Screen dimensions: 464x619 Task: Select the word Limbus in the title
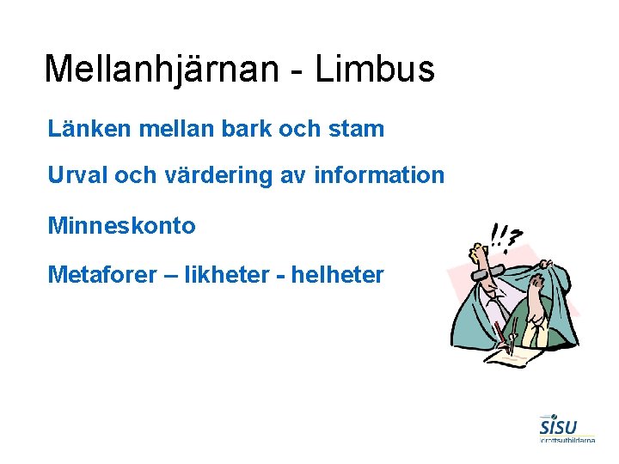coord(375,69)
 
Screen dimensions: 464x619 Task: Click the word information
coord(380,176)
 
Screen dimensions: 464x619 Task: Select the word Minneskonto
coord(122,226)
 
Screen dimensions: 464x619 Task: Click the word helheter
coord(338,275)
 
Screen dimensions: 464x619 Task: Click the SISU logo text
coord(558,427)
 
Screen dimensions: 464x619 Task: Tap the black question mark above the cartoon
coord(515,237)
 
